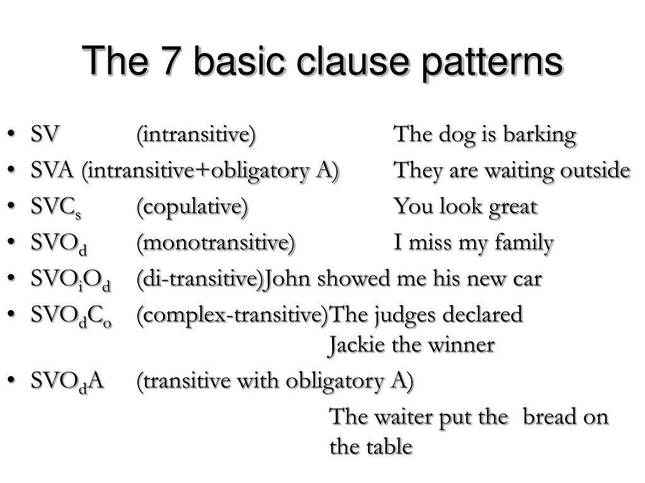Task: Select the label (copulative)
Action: pyautogui.click(x=192, y=207)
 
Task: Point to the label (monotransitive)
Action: pyautogui.click(x=215, y=243)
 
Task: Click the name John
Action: pyautogui.click(x=288, y=279)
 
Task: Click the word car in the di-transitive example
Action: pyautogui.click(x=527, y=279)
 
